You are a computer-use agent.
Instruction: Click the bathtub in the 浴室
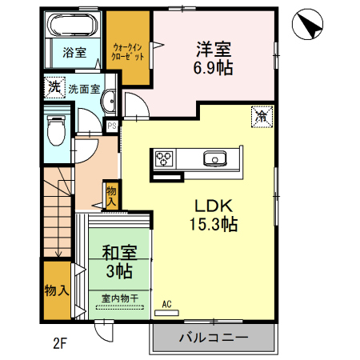point(73,25)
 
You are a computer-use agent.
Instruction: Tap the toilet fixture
point(56,130)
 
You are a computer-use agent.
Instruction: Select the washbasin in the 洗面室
point(109,102)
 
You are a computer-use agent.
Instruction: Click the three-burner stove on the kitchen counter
point(164,158)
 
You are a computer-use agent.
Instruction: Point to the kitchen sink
point(215,158)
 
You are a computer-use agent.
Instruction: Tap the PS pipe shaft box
point(112,126)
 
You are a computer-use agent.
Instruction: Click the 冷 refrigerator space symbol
point(262,117)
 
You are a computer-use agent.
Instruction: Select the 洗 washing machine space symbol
point(54,87)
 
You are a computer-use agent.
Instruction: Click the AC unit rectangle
point(166,313)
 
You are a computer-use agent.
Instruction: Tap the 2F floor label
point(59,343)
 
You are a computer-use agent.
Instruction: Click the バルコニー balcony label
point(214,338)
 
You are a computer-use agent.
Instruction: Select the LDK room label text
point(214,206)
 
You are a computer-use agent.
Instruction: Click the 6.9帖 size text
point(213,68)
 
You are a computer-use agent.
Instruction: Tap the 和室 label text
point(119,253)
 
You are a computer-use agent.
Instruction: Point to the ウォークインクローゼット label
point(127,52)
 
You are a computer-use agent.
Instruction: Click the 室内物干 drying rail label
point(120,298)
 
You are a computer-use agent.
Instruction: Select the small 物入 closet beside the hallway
point(111,196)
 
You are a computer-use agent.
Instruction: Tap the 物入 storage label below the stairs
point(57,290)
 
